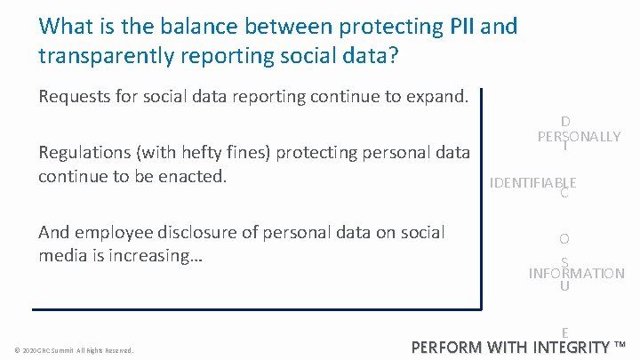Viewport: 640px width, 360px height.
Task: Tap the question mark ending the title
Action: (393, 55)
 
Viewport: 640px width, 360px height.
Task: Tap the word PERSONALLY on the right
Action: (579, 137)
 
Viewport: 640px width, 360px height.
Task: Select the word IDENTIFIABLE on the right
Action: (533, 183)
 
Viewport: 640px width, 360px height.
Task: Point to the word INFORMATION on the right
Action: (576, 274)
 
